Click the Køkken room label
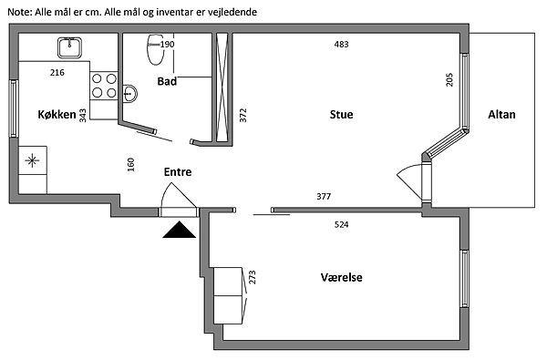point(57,115)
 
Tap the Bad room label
point(167,81)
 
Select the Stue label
point(341,115)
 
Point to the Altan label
point(501,115)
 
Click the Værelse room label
point(341,277)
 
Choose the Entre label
point(178,171)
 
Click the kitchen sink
point(70,47)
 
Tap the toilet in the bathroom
point(156,49)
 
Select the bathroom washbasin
point(129,93)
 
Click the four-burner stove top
point(104,86)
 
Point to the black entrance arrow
point(179,230)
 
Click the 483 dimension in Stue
point(341,45)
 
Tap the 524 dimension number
point(341,224)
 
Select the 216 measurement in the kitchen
point(57,73)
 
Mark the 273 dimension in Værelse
point(253,277)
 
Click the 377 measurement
point(324,196)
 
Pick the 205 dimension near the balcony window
point(449,79)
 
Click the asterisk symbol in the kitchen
point(32,160)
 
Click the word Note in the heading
point(20,12)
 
